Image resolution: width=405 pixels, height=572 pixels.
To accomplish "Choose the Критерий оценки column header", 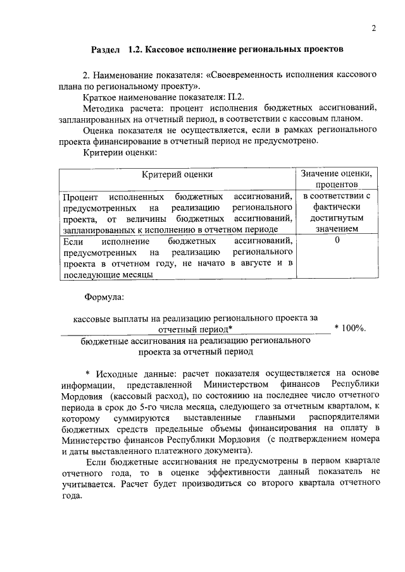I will [177, 174].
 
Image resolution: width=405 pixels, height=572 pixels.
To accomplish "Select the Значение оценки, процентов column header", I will [337, 179].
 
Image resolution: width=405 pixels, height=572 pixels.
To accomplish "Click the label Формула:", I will [104, 296].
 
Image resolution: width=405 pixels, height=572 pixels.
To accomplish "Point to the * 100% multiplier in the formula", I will [350, 329].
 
